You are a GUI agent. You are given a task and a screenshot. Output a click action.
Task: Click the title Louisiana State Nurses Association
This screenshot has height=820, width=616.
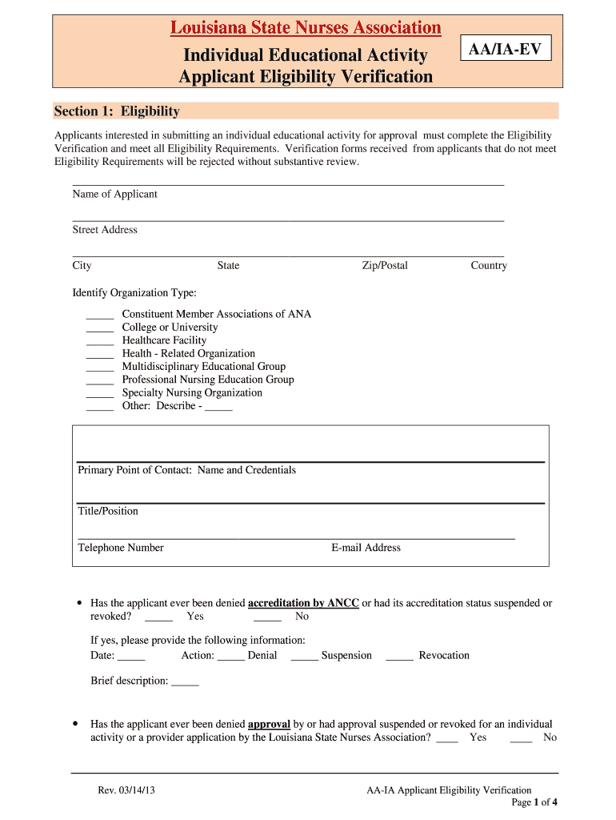[305, 28]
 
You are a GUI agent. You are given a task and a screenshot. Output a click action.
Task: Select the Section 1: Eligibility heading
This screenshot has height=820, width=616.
[117, 111]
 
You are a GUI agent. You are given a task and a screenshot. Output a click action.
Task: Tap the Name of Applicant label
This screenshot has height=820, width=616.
[114, 194]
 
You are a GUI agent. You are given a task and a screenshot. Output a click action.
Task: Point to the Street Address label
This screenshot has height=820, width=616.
[105, 230]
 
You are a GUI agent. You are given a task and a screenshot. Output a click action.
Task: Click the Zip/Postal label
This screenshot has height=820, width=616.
[384, 266]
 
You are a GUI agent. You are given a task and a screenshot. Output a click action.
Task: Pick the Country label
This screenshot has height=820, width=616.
[488, 266]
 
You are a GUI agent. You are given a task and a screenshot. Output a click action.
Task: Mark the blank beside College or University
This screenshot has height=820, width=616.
[100, 328]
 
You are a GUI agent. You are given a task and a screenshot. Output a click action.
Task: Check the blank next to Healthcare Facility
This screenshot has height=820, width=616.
[100, 341]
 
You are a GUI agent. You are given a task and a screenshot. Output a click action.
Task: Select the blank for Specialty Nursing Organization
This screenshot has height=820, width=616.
[100, 394]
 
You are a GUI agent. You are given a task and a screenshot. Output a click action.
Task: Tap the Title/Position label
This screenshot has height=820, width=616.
[108, 511]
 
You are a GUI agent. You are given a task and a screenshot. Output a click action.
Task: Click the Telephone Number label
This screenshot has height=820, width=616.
[121, 548]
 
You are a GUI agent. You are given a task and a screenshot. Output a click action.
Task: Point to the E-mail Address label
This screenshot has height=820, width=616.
[366, 548]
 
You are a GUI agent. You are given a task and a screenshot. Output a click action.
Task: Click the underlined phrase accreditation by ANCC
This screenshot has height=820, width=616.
[303, 603]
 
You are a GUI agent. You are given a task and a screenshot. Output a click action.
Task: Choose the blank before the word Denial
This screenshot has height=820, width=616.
[230, 657]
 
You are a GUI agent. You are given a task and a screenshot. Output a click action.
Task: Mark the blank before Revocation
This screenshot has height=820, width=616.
[399, 657]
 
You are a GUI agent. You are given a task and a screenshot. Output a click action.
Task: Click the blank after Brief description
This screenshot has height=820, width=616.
[185, 682]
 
